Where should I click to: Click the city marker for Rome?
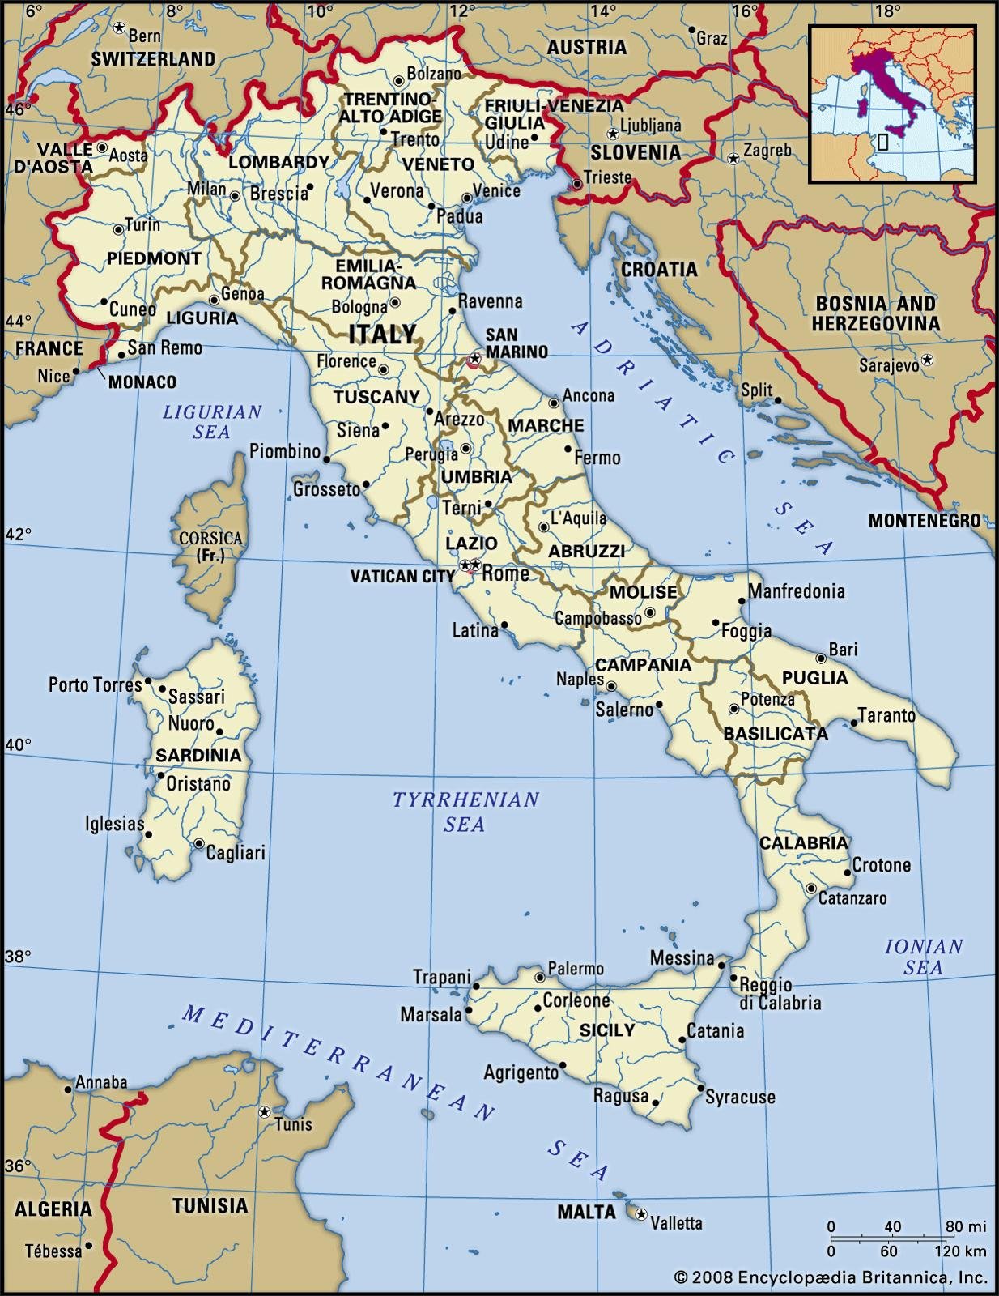pos(476,565)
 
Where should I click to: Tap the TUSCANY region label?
pos(376,397)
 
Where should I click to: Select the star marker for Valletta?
pos(641,1214)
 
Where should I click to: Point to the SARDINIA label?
pos(198,756)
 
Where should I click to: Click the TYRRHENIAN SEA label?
pos(465,812)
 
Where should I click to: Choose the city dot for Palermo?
pos(540,978)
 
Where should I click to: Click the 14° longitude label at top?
pos(602,11)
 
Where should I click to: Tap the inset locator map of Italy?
pos(892,103)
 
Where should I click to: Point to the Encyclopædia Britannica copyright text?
pos(831,1277)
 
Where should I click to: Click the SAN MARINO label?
pos(517,343)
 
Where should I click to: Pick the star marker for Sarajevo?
pos(928,359)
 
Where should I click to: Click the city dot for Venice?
pos(466,198)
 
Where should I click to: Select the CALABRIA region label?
pos(803,842)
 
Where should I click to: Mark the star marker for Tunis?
pos(264,1112)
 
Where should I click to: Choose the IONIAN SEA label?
pos(923,957)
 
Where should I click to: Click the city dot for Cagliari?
pos(199,844)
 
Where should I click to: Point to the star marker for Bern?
pos(119,28)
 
